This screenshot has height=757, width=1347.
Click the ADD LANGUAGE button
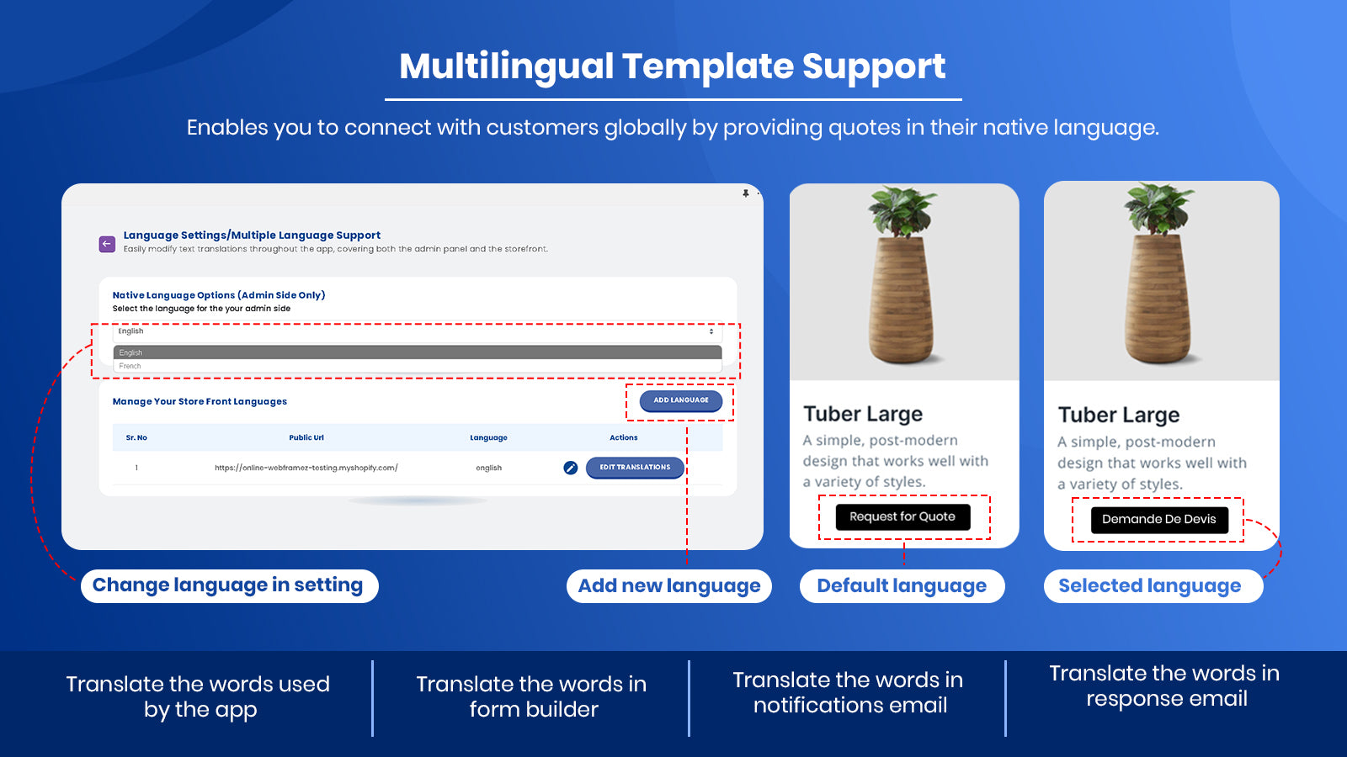(x=681, y=400)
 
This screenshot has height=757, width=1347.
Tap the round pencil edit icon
(x=571, y=468)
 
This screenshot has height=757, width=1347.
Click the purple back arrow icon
(x=107, y=244)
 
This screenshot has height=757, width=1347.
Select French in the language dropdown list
(x=130, y=366)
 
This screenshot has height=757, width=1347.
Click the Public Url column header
(x=306, y=437)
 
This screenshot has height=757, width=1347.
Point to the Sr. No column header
(x=136, y=437)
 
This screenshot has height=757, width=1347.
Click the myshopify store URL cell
(x=306, y=468)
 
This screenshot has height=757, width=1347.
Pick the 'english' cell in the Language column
(x=488, y=468)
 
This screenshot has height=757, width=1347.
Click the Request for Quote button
(x=902, y=516)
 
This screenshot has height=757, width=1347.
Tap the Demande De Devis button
(x=1158, y=519)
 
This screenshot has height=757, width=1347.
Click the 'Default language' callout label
(x=902, y=585)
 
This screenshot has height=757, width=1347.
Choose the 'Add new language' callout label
(x=668, y=585)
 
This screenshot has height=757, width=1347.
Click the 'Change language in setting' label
(x=229, y=585)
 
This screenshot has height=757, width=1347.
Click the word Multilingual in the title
(x=506, y=66)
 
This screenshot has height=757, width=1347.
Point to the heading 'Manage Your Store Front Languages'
(x=200, y=401)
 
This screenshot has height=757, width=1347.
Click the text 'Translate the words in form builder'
(x=531, y=696)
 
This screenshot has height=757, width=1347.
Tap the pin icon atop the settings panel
(x=746, y=193)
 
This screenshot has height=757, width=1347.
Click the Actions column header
(x=624, y=437)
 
